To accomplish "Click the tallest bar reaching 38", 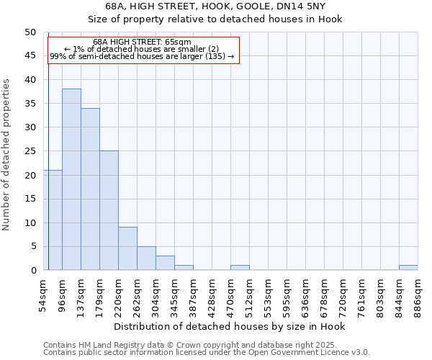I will pos(71,180).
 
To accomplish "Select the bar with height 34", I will pos(90,189).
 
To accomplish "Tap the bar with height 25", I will pos(109,210).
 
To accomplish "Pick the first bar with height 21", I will pos(53,220).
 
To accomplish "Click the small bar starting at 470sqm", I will pos(240,268).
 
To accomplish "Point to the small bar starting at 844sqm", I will pos(408,268).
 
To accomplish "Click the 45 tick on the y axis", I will pos(30,56).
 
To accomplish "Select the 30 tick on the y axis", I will pos(30,127).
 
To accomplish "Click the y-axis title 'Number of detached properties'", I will pos(7,154).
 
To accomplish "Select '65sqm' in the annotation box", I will pos(178,42).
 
